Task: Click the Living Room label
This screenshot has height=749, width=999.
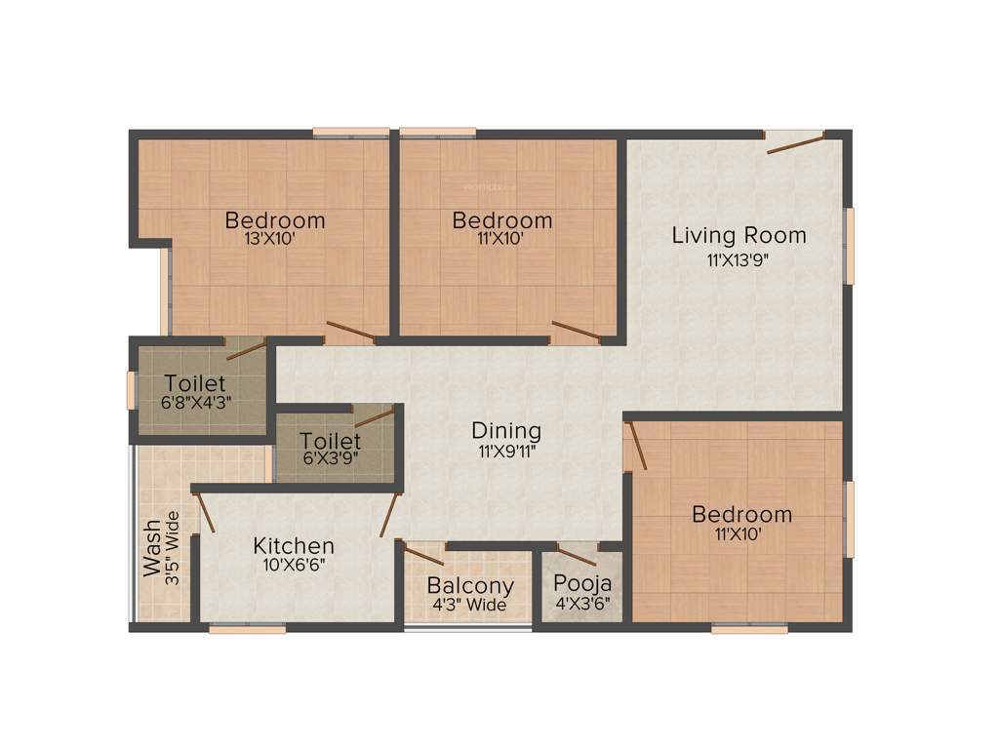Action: click(739, 235)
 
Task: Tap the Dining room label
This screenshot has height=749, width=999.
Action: click(505, 430)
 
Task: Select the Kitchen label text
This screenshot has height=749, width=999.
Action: click(294, 545)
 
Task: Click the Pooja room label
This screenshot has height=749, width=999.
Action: click(582, 583)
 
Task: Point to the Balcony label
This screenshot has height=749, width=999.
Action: click(470, 586)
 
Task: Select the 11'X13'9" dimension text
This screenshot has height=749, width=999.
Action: click(739, 259)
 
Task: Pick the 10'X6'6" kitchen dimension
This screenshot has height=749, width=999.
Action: click(294, 565)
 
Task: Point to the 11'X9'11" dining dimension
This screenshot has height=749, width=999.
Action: click(505, 451)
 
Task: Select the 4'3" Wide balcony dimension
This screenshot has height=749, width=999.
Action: click(470, 606)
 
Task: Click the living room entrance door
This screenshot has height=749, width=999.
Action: click(794, 142)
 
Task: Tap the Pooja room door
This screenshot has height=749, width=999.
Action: click(577, 556)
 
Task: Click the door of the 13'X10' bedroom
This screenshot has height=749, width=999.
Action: click(349, 332)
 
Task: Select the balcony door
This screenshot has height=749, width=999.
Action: click(423, 556)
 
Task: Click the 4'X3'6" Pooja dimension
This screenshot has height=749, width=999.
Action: click(582, 603)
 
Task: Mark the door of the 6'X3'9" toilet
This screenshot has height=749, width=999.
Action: click(375, 417)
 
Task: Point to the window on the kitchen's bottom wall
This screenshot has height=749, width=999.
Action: click(248, 629)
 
